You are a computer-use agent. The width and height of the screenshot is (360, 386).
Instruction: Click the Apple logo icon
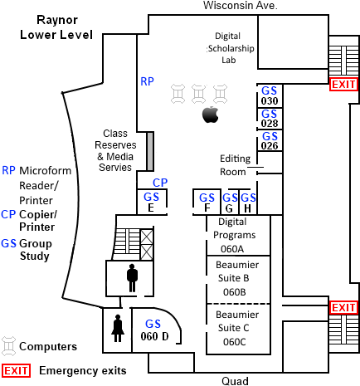pos(211,115)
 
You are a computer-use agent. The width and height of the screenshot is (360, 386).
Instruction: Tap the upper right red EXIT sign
pos(343,84)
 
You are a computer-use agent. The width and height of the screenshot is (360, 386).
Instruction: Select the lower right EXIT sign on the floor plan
pos(343,307)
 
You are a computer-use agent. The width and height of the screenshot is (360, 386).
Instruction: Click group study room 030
pos(270,95)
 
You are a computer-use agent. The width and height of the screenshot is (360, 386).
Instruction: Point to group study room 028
pos(270,118)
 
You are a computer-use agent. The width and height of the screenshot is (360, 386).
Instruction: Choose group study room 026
pos(270,140)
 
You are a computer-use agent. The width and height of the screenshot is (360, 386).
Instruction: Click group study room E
pos(152,202)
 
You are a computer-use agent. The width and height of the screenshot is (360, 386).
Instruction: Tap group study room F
pos(207,202)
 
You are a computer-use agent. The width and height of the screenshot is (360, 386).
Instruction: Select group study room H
pos(248,202)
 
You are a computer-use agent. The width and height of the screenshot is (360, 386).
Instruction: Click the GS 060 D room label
pos(154,330)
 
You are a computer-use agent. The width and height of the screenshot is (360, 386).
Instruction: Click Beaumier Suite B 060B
pos(238,279)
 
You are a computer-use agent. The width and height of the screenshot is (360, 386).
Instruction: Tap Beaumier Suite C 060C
pos(238,329)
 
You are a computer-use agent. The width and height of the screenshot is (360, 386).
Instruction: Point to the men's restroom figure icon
pos(132,278)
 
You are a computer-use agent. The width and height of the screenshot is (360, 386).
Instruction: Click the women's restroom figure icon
pos(118,328)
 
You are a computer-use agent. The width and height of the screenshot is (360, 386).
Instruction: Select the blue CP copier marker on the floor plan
pos(160,183)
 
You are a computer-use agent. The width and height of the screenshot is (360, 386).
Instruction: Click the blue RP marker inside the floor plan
pos(147,81)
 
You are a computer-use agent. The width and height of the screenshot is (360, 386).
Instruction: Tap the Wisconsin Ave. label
pos(241,5)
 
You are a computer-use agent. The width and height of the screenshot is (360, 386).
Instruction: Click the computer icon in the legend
pos(9,346)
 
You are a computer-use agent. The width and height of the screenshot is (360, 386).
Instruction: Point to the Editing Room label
pos(235,165)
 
